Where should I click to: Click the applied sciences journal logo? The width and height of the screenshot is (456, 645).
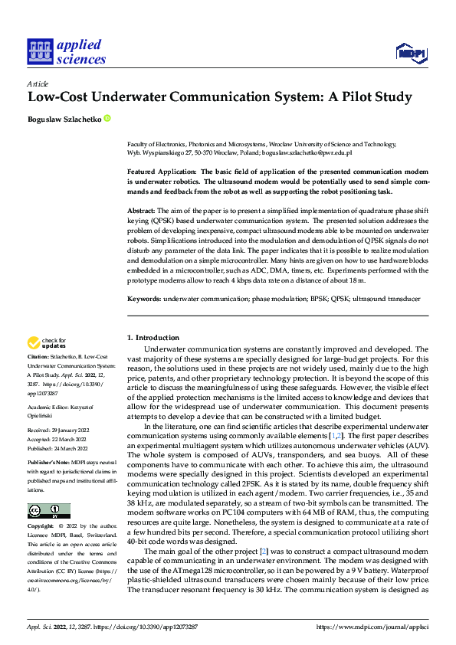pyautogui.click(x=67, y=51)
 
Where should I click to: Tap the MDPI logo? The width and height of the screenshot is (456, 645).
pyautogui.click(x=410, y=52)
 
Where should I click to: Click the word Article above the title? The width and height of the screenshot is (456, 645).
pyautogui.click(x=38, y=83)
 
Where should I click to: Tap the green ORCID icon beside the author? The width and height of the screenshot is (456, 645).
pyautogui.click(x=107, y=119)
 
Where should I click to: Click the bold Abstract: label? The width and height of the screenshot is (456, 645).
pyautogui.click(x=142, y=209)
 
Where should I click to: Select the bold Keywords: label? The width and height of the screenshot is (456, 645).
pyautogui.click(x=144, y=297)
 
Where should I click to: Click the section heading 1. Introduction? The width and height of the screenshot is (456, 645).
pyautogui.click(x=153, y=338)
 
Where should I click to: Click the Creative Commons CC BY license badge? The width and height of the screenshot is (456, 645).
pyautogui.click(x=48, y=511)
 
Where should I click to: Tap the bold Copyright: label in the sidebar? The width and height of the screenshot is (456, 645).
pyautogui.click(x=41, y=527)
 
